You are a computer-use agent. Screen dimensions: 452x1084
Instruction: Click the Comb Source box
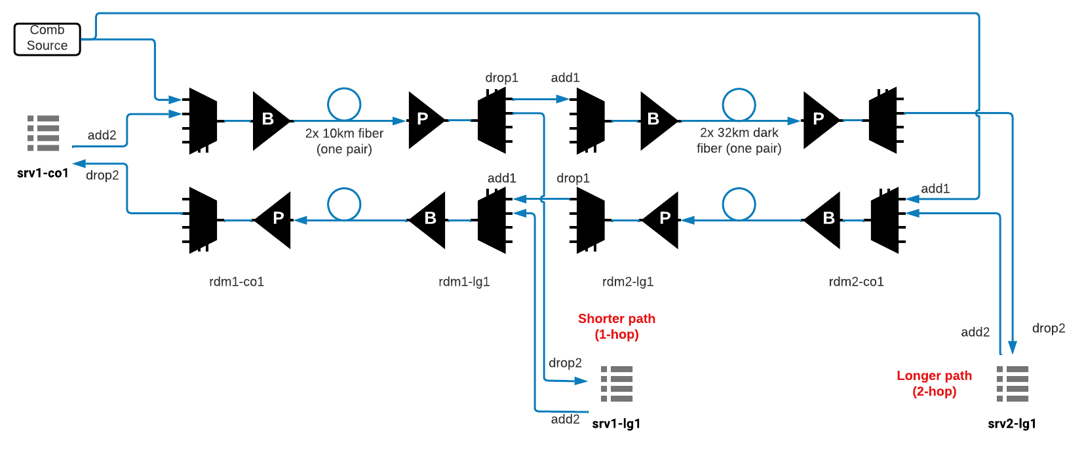(x=47, y=39)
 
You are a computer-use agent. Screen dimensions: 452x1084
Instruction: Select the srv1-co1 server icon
(x=43, y=134)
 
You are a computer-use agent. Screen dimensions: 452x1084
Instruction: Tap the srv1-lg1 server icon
(x=617, y=384)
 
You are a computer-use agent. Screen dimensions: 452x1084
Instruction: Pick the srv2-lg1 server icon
(x=1013, y=384)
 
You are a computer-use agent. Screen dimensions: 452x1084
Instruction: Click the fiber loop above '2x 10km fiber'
(x=344, y=104)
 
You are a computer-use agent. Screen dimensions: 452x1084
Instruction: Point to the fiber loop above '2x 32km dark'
(x=739, y=105)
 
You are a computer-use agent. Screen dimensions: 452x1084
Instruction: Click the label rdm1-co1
(x=237, y=282)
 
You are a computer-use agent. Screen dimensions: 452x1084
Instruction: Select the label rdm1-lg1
(x=464, y=282)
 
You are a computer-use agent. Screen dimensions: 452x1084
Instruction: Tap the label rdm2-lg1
(x=628, y=282)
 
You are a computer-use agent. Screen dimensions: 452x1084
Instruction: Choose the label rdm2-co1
(x=856, y=282)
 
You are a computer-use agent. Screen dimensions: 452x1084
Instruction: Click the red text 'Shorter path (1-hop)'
(x=617, y=326)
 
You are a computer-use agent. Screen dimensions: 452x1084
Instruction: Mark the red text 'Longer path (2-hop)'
(x=934, y=383)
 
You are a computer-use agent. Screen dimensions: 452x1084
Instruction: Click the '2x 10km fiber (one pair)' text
(x=344, y=141)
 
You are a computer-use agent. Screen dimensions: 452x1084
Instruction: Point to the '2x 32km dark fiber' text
(x=739, y=140)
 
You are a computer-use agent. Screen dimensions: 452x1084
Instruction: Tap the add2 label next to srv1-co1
(x=102, y=136)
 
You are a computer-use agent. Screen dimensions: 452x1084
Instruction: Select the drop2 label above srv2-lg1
(x=1049, y=328)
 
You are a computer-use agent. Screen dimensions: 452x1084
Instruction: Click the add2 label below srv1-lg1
(x=565, y=419)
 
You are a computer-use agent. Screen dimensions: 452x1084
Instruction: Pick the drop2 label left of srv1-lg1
(x=565, y=363)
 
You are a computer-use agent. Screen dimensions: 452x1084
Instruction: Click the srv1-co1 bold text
(x=43, y=173)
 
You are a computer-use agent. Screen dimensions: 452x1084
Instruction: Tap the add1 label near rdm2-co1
(x=935, y=189)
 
